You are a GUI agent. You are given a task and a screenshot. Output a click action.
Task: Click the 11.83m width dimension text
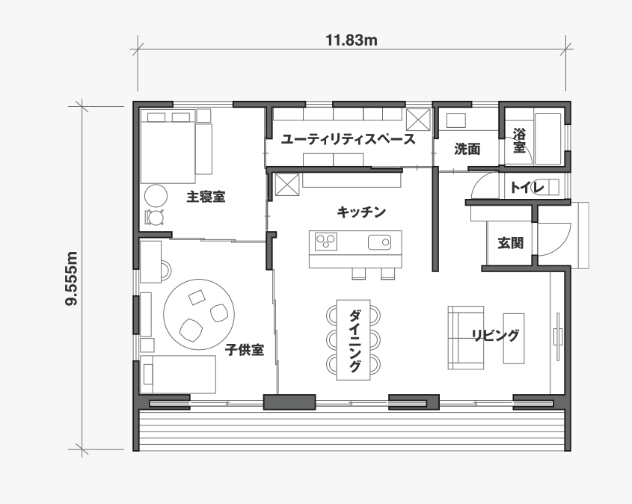click(x=352, y=40)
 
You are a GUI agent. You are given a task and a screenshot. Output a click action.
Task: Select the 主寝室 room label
click(x=206, y=197)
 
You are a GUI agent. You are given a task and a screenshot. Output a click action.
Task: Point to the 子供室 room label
click(x=245, y=350)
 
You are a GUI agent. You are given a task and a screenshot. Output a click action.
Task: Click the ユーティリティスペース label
click(x=348, y=139)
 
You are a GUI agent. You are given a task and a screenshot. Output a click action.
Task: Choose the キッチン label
click(x=361, y=212)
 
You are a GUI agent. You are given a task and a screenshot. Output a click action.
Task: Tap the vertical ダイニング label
click(x=354, y=340)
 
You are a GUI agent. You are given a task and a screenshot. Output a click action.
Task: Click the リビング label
click(x=495, y=335)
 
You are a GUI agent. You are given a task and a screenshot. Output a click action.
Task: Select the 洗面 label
click(x=467, y=149)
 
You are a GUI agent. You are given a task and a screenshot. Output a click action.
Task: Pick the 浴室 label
click(x=519, y=140)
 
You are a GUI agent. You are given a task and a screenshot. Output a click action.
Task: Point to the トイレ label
click(x=527, y=188)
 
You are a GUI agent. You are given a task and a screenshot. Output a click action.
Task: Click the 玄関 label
click(x=510, y=243)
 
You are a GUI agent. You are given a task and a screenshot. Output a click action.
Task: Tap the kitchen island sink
click(x=379, y=242)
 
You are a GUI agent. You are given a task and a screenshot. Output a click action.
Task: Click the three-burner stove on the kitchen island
click(x=325, y=242)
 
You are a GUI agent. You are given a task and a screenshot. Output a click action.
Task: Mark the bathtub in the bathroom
click(x=547, y=138)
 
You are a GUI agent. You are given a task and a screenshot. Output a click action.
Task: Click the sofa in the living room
click(x=465, y=337)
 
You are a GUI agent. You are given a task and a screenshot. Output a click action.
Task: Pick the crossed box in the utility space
click(x=418, y=120)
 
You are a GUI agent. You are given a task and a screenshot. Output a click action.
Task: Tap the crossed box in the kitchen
click(x=286, y=185)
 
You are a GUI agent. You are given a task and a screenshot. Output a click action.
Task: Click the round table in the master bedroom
click(x=156, y=196)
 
